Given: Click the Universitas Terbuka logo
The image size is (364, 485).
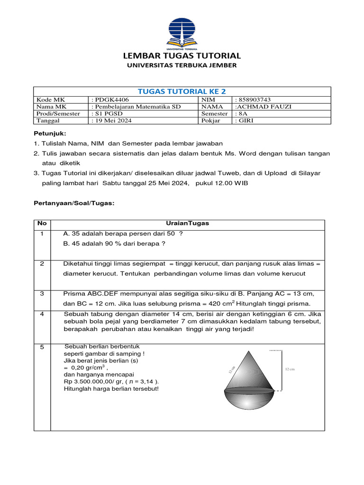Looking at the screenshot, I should [x=182, y=33].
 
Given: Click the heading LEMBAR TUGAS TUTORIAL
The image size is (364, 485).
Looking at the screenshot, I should [x=182, y=55].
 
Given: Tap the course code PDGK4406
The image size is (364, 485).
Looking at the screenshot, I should [x=110, y=99].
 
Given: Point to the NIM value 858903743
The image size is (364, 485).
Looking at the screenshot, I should [x=253, y=99].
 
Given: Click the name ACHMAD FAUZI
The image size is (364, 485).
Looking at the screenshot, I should [x=264, y=107].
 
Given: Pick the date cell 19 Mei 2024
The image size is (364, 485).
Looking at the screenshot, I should [x=112, y=121].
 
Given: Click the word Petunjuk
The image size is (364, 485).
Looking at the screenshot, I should [x=50, y=133].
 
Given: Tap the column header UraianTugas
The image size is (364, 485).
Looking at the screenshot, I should [x=188, y=223].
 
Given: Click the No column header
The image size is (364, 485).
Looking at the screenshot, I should [x=42, y=223].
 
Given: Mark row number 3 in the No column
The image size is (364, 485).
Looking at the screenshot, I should [x=42, y=293].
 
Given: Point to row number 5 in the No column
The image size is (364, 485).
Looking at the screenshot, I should [x=42, y=347].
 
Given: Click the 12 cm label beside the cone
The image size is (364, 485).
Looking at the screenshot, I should [x=289, y=369].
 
